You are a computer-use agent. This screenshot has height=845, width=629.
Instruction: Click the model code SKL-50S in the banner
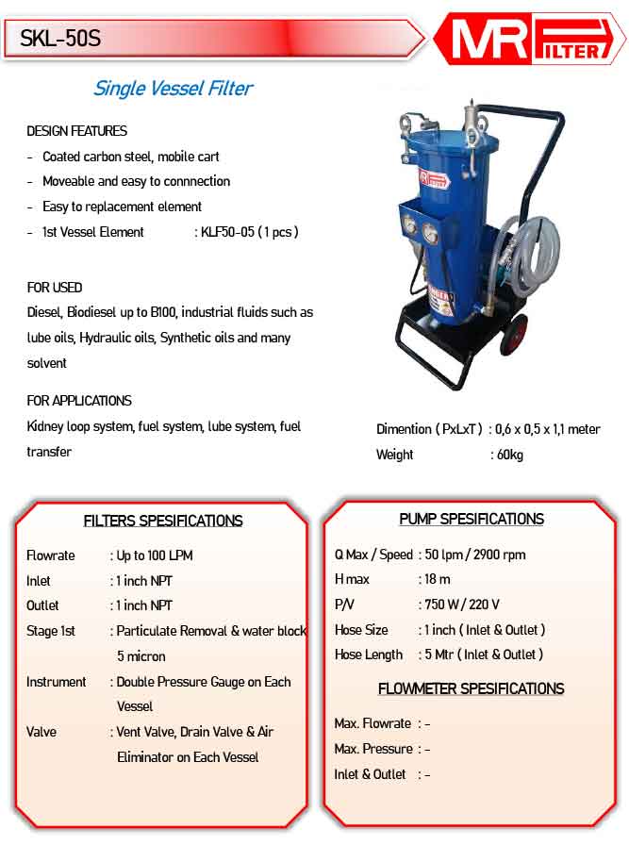pos(60,39)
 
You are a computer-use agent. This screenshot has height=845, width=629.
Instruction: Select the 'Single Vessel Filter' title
pos(173,89)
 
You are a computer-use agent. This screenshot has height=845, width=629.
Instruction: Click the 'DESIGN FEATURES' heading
pos(76,131)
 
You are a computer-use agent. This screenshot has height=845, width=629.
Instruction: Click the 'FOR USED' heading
pos(54,288)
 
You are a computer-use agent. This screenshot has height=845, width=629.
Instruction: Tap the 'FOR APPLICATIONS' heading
pos(79,401)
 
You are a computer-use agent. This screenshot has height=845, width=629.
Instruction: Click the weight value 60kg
pos(510,455)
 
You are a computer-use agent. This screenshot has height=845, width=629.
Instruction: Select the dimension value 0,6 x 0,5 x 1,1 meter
pos(548,429)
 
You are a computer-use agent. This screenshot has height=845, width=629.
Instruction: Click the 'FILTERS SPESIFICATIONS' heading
pos(163,521)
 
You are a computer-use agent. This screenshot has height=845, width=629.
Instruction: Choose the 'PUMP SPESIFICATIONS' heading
pos(472,519)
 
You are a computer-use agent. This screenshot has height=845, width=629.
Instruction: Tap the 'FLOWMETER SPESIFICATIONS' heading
pos(471,688)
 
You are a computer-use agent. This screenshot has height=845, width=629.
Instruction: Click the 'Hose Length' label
pos(369,654)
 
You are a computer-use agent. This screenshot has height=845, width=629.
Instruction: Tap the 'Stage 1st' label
pos(51,631)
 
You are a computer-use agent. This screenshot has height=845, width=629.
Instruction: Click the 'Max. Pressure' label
pos(373,749)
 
